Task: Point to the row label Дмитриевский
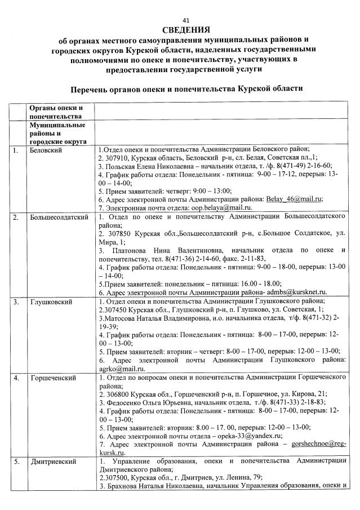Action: [53, 462]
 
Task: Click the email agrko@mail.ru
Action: [117, 368]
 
